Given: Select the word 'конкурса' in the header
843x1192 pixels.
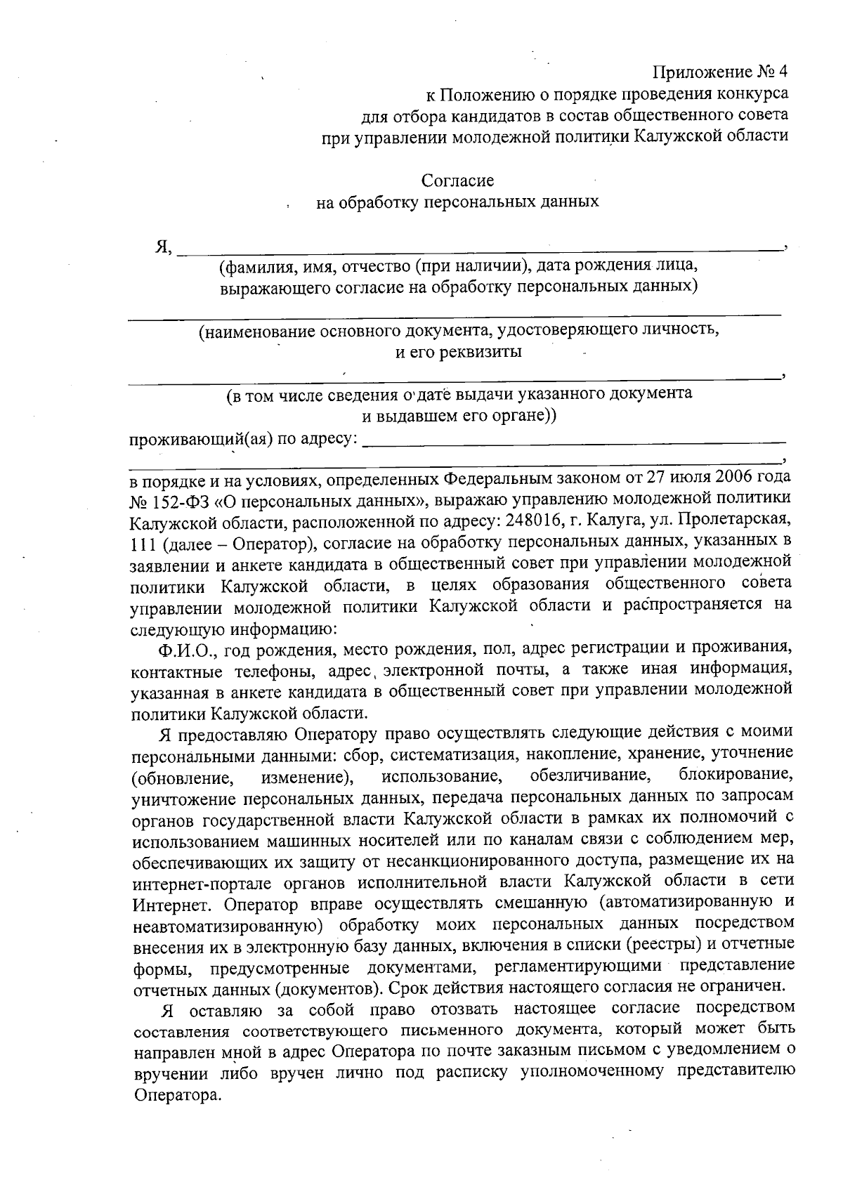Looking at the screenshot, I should point(752,93).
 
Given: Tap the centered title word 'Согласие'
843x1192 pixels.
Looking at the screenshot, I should point(457,181).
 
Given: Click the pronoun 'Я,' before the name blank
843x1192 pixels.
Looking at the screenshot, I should point(164,247).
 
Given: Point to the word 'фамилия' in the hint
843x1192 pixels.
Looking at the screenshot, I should point(252,267).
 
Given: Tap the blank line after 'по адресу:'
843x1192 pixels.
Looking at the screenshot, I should point(576,443).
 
